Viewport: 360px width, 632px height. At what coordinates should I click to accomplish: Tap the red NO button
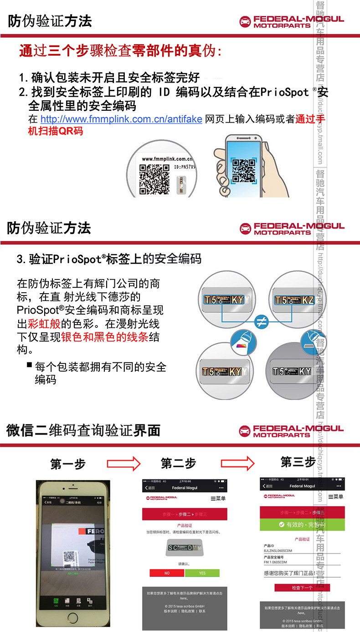click(x=167, y=573)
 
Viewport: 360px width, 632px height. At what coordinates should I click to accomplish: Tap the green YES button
click(x=202, y=573)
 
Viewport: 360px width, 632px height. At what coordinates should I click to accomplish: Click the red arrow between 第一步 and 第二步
click(x=123, y=464)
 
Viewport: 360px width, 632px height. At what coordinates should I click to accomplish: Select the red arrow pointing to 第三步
click(x=238, y=463)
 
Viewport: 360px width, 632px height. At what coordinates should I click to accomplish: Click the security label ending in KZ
click(x=294, y=300)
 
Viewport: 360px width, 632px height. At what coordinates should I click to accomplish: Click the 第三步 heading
click(x=298, y=462)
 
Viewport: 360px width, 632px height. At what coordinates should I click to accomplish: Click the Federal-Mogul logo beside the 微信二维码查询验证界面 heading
click(x=292, y=431)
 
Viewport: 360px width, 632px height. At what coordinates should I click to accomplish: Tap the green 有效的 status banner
click(x=302, y=525)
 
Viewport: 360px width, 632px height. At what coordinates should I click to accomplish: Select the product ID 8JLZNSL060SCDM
click(x=282, y=551)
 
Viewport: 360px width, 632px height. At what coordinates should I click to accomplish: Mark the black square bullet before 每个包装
click(x=29, y=365)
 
